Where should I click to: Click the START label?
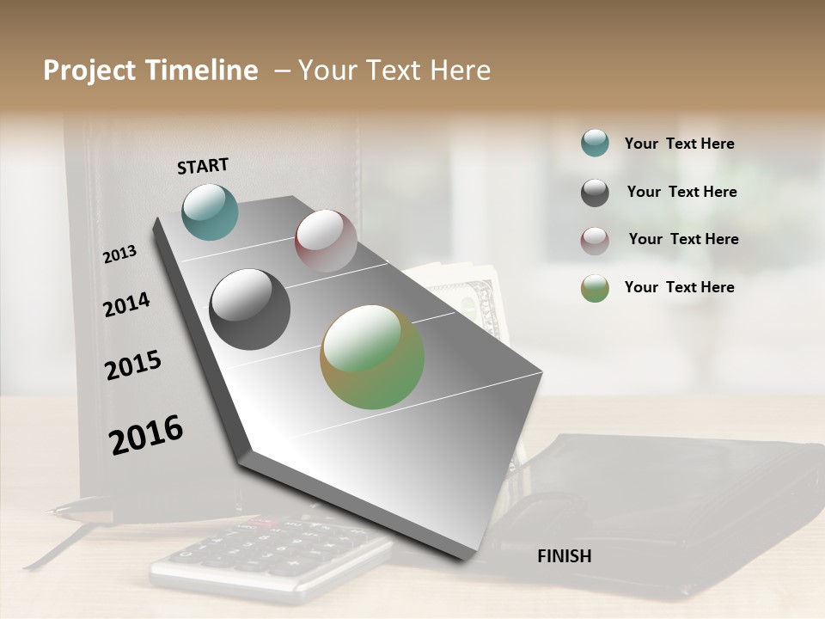point(203,166)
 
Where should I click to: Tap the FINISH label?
point(564,556)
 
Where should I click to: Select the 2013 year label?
point(119,254)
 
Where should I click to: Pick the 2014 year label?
point(126,305)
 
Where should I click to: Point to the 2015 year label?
point(133,365)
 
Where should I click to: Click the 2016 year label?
point(146,435)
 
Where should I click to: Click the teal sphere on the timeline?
point(210,211)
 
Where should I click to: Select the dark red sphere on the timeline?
point(326,241)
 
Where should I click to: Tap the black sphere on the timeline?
point(249,309)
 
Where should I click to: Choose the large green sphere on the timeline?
point(372,357)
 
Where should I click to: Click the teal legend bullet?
point(595,143)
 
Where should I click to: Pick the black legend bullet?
point(595,193)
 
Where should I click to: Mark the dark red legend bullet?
point(595,241)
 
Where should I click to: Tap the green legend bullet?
point(595,288)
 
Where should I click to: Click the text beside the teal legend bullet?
point(679,144)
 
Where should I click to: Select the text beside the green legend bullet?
point(679,287)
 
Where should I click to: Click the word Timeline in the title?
point(204,70)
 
